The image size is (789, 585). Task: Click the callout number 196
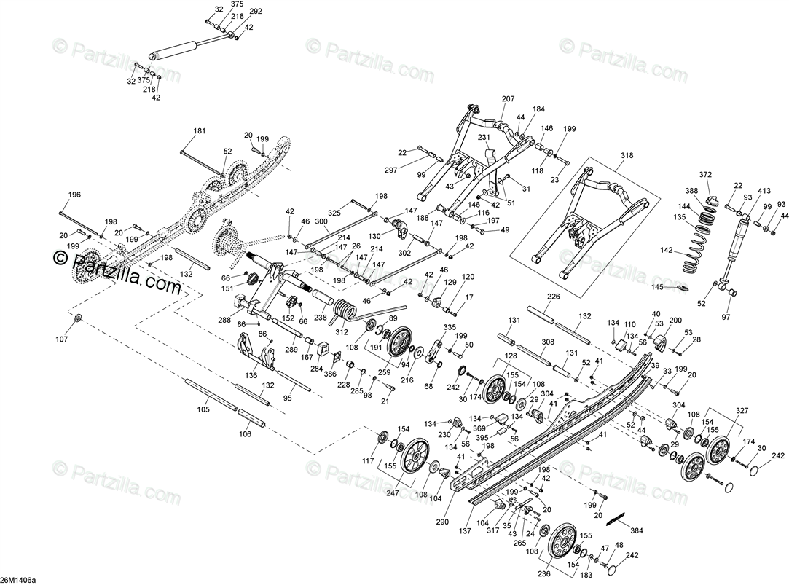point(74,195)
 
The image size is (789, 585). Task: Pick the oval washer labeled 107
point(78,318)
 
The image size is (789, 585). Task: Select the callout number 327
point(742,411)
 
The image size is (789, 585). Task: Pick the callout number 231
point(483,137)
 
